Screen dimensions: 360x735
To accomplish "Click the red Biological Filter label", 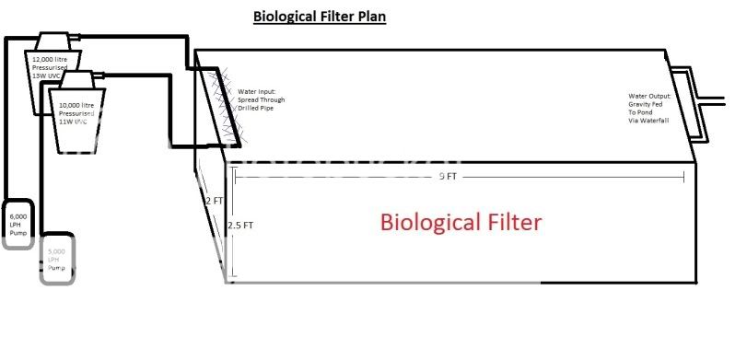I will pos(461,222).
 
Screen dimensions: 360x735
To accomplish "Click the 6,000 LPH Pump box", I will pos(19,224).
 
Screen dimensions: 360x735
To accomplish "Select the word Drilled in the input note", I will pos(250,110).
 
